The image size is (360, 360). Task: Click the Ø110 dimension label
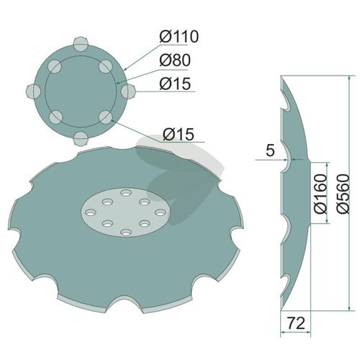pos(179,36)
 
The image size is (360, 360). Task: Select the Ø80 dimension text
pos(175,60)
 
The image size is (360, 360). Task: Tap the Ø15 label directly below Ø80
pos(175,84)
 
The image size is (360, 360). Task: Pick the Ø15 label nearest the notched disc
pos(179,134)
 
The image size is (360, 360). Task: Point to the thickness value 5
pos(270,150)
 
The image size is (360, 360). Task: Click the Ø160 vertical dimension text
pos(321,194)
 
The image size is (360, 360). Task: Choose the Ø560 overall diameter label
pos(343,194)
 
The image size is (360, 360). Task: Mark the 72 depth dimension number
pos(296,323)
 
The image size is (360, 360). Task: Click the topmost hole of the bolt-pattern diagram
pos(81,44)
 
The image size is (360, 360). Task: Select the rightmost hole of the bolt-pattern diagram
pos(128,91)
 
